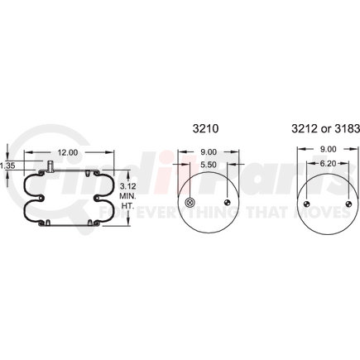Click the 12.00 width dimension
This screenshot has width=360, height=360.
[x=68, y=152]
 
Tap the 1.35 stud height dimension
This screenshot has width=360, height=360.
[x=7, y=166]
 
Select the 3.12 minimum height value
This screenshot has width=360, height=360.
[x=128, y=186]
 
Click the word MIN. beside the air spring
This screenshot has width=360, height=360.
[x=127, y=196]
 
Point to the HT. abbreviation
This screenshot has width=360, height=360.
[x=127, y=206]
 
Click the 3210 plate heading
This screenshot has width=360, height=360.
[x=205, y=129]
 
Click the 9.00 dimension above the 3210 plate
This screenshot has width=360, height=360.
[x=209, y=151]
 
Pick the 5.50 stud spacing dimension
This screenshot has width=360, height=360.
[x=209, y=165]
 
